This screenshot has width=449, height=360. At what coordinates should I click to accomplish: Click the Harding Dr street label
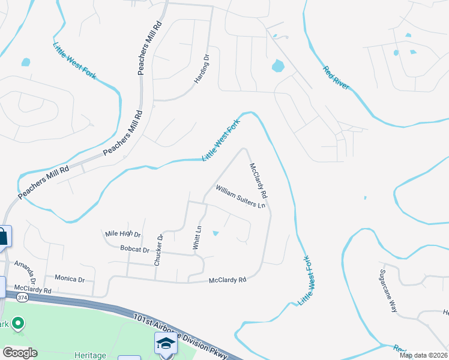(200, 70)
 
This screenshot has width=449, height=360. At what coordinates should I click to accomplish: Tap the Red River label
(336, 77)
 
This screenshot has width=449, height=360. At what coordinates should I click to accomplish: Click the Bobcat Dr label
(134, 248)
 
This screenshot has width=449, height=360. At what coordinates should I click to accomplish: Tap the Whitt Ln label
(196, 238)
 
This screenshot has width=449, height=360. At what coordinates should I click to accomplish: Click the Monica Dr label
(70, 279)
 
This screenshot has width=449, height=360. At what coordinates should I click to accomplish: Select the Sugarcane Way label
(388, 290)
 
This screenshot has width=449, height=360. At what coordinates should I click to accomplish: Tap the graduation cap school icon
(166, 344)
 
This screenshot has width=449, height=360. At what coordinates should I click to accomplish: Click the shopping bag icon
(3, 235)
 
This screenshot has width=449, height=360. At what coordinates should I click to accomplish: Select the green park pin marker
(18, 324)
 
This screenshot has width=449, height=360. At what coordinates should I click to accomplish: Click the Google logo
(20, 353)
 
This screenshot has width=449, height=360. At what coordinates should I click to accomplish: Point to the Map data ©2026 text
(423, 355)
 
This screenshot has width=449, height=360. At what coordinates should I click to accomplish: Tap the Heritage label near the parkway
(89, 356)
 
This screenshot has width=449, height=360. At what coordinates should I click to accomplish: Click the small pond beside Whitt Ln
(215, 233)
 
